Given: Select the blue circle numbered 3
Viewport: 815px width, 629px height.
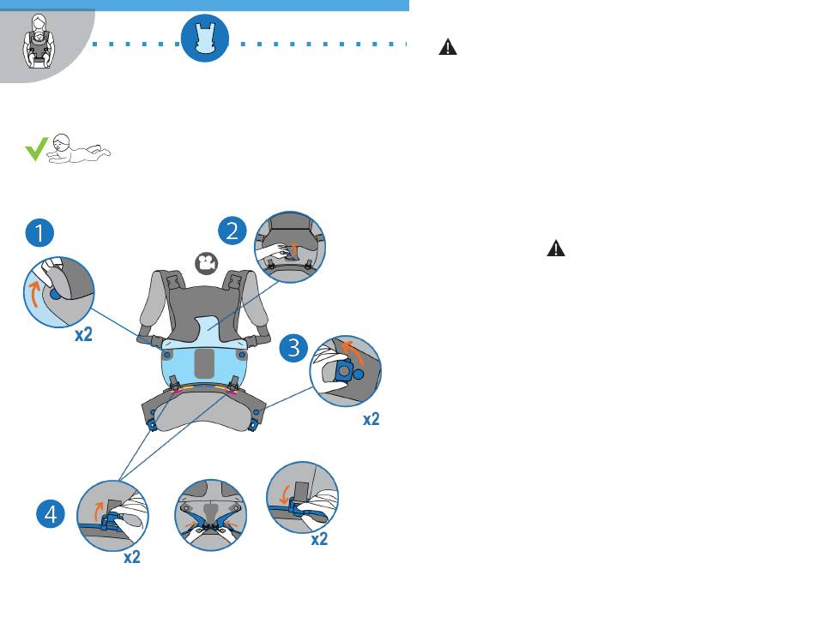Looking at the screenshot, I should pos(294,348).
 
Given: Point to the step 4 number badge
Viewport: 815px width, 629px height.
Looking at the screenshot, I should pos(51,514).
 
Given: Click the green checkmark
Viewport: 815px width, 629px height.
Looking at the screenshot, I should pos(36,151).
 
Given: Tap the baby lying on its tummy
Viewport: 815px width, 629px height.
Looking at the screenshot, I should pos(80,151).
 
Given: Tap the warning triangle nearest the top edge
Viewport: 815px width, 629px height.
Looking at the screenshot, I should pos(448,48).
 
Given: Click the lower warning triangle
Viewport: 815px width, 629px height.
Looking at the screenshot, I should pos(557,249).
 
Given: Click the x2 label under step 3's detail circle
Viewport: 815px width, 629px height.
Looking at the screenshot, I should pos(371,419).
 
